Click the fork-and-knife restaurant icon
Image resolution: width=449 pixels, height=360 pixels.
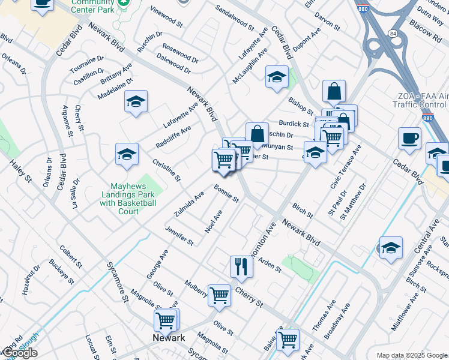click(241, 266)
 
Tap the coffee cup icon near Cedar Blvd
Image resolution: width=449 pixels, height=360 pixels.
click(409, 138)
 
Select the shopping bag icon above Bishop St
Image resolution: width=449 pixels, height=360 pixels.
click(334, 91)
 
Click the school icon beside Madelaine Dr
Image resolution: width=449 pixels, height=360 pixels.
click(136, 101)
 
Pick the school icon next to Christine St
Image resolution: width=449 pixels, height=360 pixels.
click(127, 154)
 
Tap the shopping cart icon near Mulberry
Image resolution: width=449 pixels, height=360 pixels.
click(220, 295)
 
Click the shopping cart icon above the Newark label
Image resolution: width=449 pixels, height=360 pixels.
click(165, 319)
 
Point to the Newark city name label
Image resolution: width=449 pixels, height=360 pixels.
click(168, 338)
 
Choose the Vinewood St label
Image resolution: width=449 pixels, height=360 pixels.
click(167, 20)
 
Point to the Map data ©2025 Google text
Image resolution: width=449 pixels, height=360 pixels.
click(411, 355)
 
